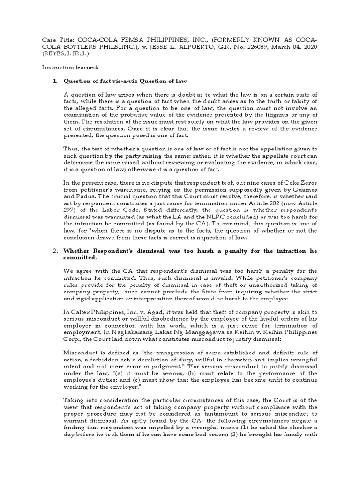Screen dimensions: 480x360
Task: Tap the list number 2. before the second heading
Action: pos(54,251)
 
